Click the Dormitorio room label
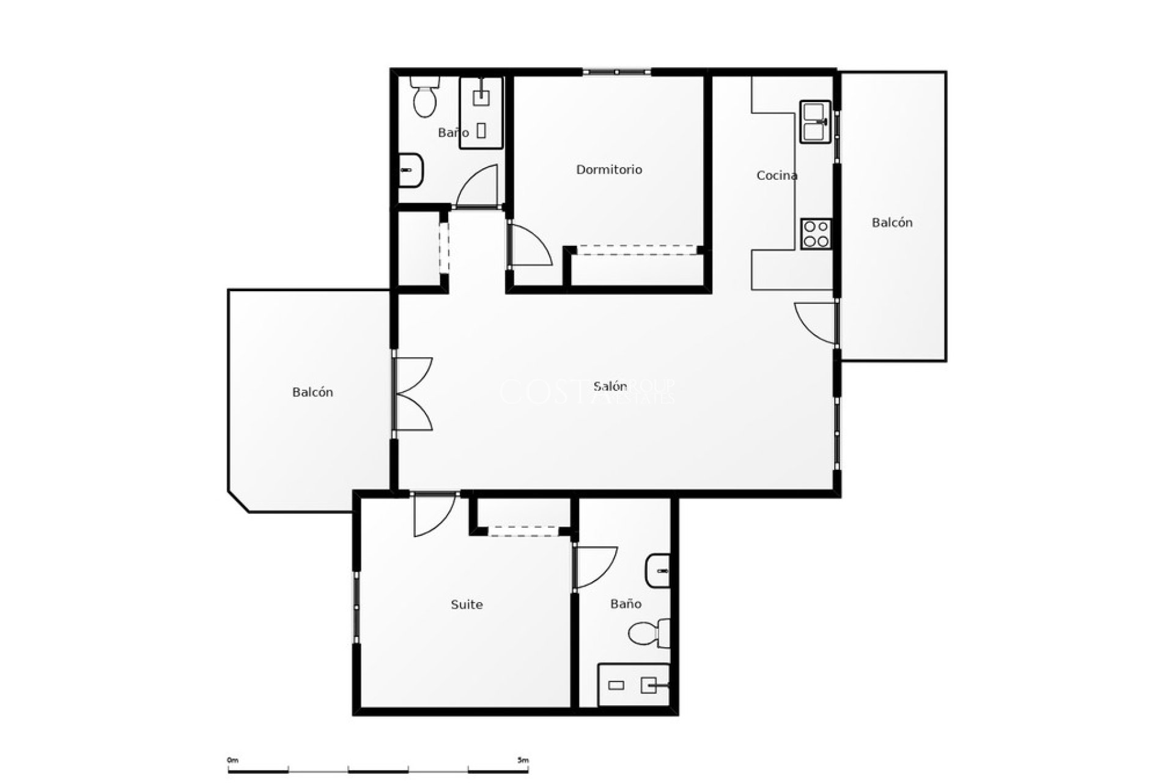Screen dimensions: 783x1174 tap(609, 169)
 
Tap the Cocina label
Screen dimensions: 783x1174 tap(777, 176)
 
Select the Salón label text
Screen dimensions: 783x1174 tap(610, 386)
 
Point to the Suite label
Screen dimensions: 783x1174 tap(467, 604)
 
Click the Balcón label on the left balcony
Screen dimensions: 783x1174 tap(312, 392)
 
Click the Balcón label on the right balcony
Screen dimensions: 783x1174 tap(892, 223)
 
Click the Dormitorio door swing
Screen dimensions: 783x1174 tap(529, 246)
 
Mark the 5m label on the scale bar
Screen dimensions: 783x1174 tap(522, 760)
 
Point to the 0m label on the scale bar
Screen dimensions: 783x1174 tap(232, 760)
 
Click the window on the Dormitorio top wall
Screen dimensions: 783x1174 tap(616, 72)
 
